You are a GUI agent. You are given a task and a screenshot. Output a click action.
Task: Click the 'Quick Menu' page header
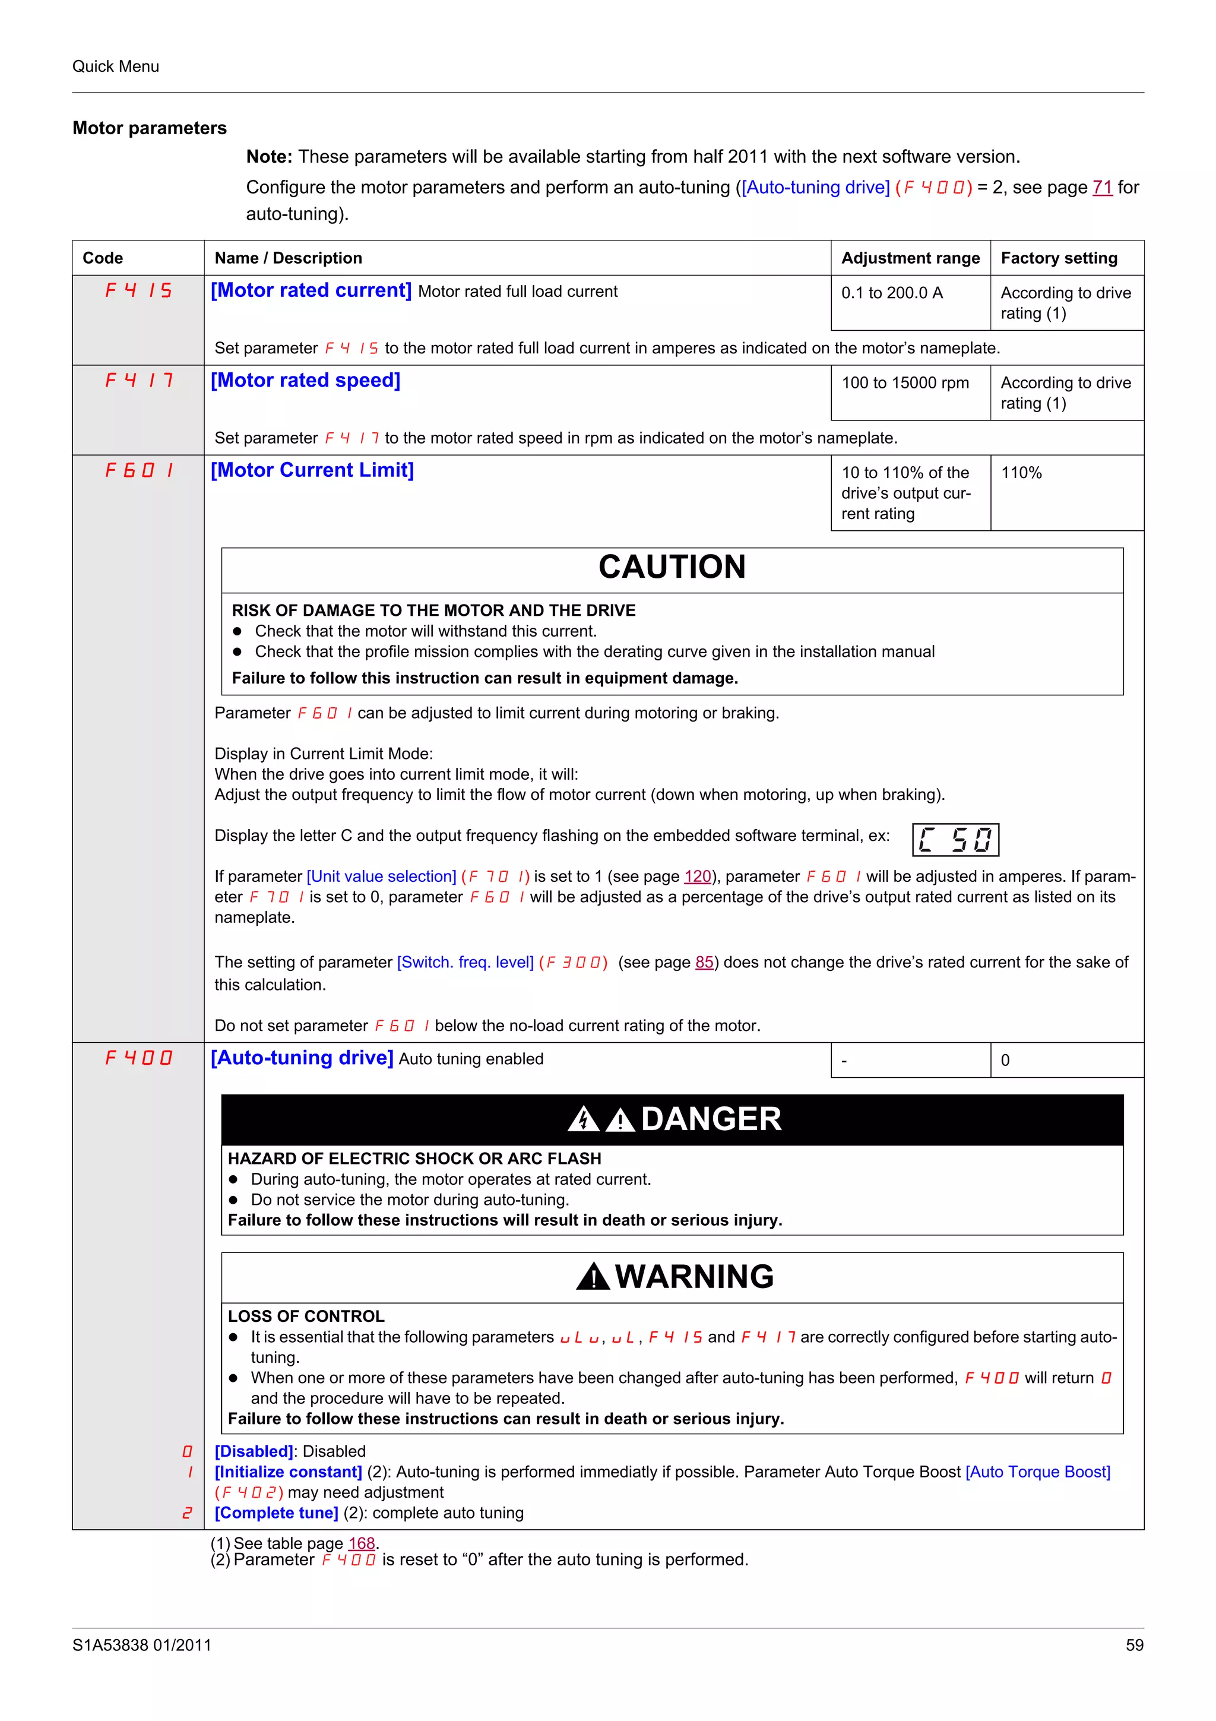(x=115, y=66)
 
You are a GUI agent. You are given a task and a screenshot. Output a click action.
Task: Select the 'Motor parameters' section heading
(x=149, y=128)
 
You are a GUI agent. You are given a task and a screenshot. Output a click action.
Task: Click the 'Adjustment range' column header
(x=910, y=258)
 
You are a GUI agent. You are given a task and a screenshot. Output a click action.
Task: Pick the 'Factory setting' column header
(x=1058, y=258)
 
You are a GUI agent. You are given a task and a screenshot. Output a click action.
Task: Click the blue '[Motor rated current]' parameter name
(x=311, y=291)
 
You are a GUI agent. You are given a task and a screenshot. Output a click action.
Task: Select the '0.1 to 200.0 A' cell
(x=892, y=293)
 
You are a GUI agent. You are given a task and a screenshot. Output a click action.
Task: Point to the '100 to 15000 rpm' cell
(x=904, y=383)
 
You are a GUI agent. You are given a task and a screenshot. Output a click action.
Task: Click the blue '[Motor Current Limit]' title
(x=312, y=470)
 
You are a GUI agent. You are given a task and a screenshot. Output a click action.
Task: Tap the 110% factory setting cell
(x=1021, y=473)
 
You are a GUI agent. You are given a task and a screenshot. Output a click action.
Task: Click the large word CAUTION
(x=672, y=567)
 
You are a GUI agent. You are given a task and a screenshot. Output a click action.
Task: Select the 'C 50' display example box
(x=955, y=840)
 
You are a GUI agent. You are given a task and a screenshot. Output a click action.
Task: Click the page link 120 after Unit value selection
(x=697, y=877)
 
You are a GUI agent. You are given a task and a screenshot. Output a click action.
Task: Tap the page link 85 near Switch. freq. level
(x=704, y=961)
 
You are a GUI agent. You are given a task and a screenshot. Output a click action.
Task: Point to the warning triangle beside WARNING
(x=593, y=1277)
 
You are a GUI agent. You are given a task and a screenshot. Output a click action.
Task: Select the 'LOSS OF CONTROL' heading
(x=306, y=1316)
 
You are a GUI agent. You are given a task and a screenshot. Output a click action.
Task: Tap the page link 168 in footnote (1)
(x=361, y=1543)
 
